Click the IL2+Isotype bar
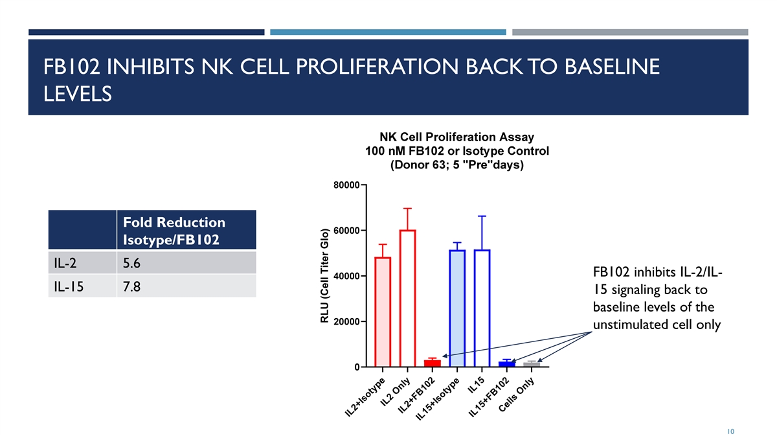[383, 312]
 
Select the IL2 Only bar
[407, 298]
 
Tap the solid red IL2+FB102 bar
[433, 363]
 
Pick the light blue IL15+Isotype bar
[457, 308]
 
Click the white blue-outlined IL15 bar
[482, 308]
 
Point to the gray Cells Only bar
[532, 365]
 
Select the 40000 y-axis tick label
[346, 277]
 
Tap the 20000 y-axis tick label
[346, 322]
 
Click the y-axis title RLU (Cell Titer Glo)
[324, 275]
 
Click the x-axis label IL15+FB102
[489, 396]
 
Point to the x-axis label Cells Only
[517, 395]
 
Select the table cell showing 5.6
[186, 263]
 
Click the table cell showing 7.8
[186, 286]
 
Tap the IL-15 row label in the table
[69, 287]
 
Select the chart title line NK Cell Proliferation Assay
[457, 137]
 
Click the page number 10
[730, 431]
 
